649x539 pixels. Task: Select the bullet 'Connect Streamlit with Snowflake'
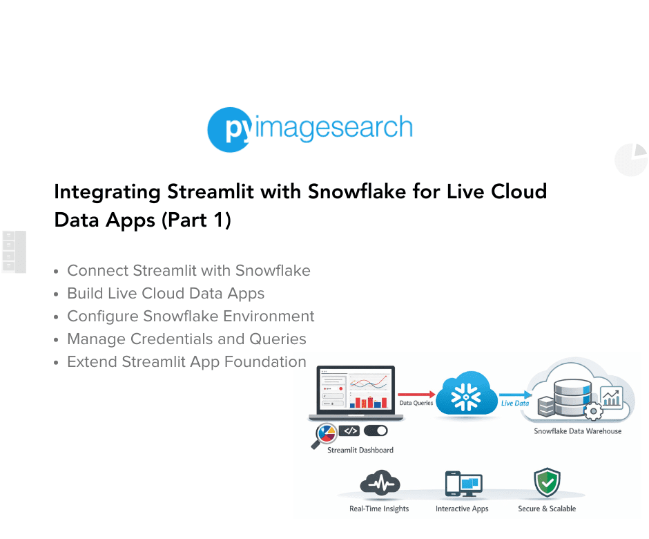(188, 271)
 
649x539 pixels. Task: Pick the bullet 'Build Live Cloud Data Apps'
(166, 294)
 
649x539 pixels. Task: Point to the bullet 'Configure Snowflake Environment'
(191, 316)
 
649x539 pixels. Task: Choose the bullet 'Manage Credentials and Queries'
(186, 339)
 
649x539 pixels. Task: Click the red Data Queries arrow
(417, 393)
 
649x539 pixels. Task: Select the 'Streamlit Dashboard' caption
(360, 450)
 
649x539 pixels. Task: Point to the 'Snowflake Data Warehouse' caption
(577, 431)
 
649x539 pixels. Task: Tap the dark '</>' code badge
(349, 431)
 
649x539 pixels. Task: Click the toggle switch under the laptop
(376, 431)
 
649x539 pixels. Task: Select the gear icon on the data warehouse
(592, 413)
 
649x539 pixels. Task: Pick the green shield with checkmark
(547, 483)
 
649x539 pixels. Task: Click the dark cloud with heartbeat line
(378, 483)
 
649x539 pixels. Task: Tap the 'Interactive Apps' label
(461, 509)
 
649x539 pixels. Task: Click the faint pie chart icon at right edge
(631, 160)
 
